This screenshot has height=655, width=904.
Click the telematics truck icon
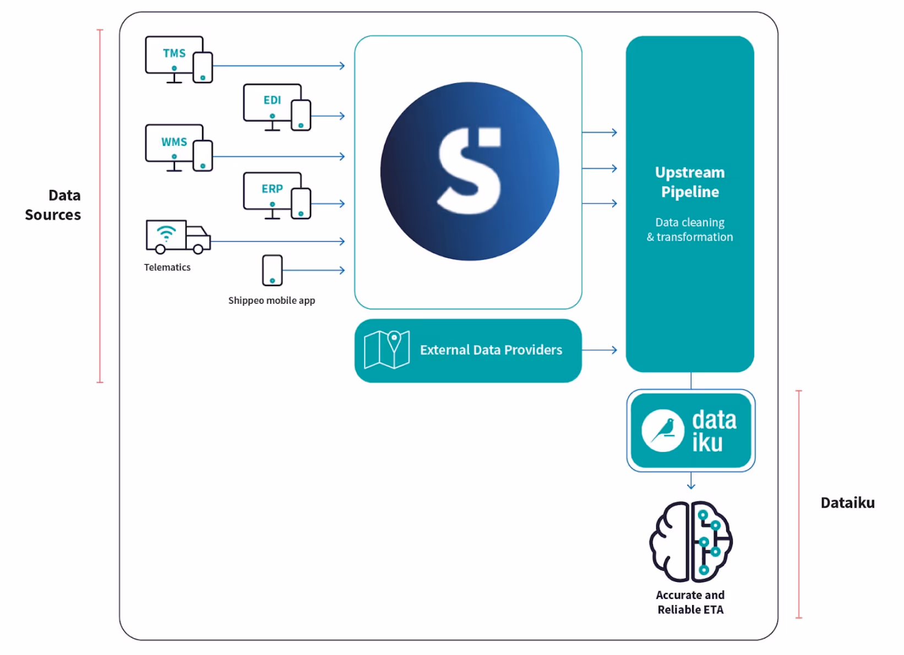tap(178, 237)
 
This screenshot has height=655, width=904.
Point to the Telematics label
tap(167, 268)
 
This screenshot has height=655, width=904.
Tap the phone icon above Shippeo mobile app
tap(273, 270)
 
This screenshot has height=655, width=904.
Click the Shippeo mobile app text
tap(272, 301)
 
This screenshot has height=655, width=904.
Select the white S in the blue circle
tap(470, 171)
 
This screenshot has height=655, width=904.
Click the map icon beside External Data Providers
tap(387, 350)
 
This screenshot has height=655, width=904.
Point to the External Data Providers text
tap(491, 350)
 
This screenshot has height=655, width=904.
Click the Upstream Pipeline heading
tap(690, 182)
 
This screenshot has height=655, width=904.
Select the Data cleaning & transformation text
tap(690, 230)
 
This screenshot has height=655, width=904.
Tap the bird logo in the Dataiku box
tap(663, 430)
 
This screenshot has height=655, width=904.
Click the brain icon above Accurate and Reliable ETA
tap(691, 542)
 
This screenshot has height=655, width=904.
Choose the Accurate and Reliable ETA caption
tap(690, 603)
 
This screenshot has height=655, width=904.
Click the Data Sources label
tap(54, 205)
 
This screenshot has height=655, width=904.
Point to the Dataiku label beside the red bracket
tap(847, 503)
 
